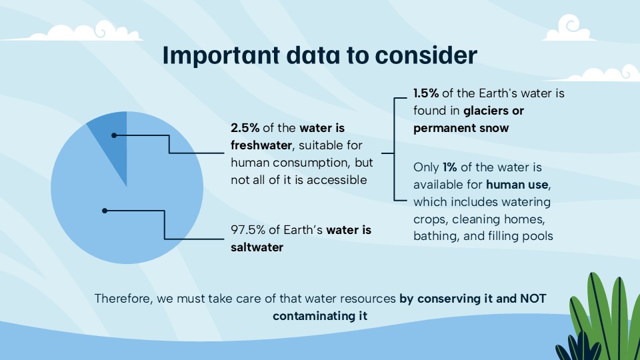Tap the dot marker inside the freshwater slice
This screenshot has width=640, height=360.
click(x=114, y=135)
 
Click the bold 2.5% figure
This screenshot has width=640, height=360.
click(x=245, y=127)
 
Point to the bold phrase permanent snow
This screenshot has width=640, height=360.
click(x=461, y=128)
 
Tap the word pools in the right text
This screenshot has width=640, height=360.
click(x=537, y=236)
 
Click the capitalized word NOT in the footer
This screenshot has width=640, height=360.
click(x=531, y=299)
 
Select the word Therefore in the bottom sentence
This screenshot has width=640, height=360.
click(x=121, y=299)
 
